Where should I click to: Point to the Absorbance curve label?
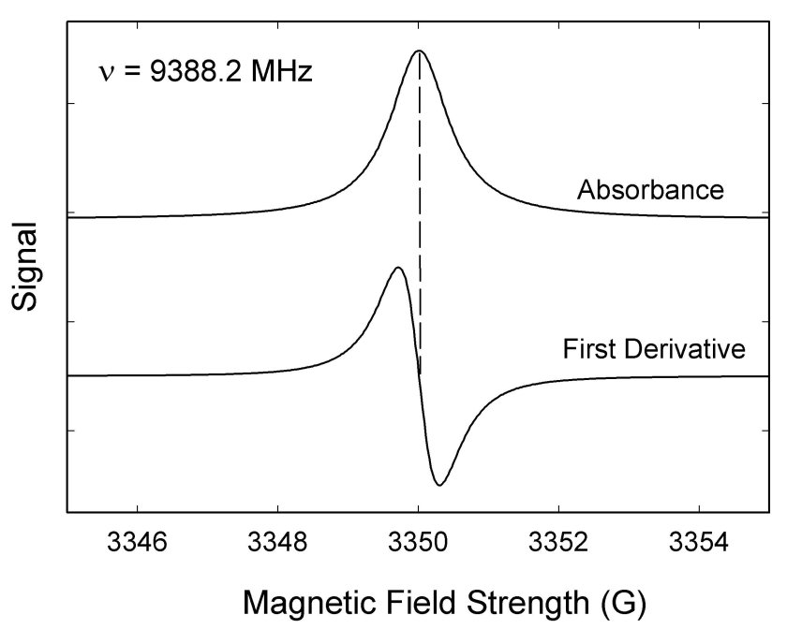coord(650,190)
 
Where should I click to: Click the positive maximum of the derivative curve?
coord(398,269)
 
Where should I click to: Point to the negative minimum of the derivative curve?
coord(439,484)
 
